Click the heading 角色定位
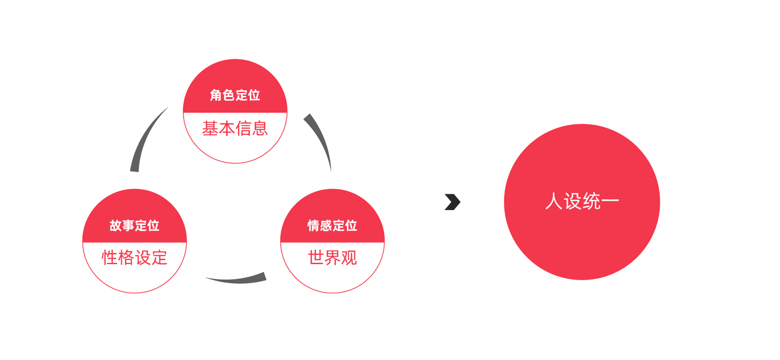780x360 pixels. pos(235,96)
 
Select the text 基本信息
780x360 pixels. pos(235,128)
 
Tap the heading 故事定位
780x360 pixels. pos(134,226)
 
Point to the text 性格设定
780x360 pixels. pos(134,258)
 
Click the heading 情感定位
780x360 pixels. pos(332,226)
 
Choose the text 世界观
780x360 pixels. pos(332,258)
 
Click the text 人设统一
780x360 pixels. pos(581,201)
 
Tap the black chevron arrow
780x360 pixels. pos(452,202)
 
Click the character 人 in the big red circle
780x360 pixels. pos(553,201)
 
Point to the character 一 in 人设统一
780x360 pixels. pos(610,201)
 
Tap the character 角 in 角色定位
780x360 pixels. pos(216,96)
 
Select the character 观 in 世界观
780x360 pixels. pos(349,258)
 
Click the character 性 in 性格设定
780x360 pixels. pos(110,258)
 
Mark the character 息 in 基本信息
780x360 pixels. pos(260,128)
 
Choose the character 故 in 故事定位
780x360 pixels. pos(116,226)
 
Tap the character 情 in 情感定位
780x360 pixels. pos(314,226)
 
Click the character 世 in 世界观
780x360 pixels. pos(316,258)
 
